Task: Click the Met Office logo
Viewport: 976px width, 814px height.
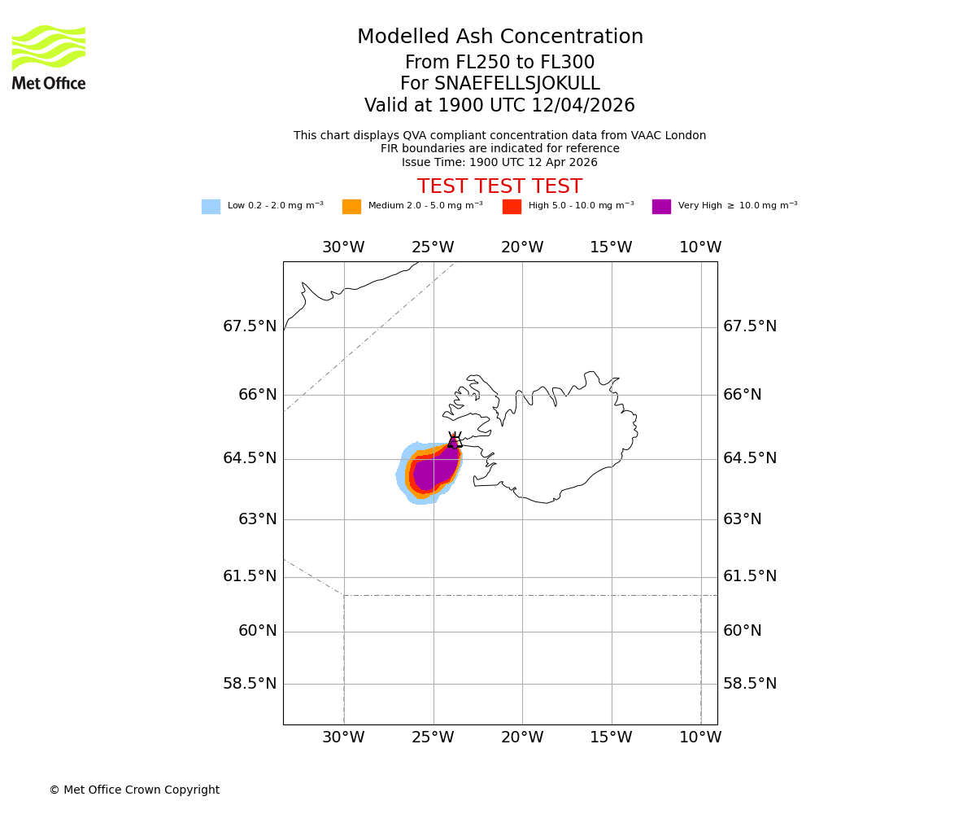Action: click(x=49, y=57)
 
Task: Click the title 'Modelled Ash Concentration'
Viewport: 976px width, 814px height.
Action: click(x=500, y=37)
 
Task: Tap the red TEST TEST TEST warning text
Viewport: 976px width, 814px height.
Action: click(x=499, y=186)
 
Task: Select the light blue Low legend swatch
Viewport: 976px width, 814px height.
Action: click(x=211, y=207)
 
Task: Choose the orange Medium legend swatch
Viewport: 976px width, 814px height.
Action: click(x=351, y=207)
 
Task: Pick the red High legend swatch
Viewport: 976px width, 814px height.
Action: click(x=512, y=207)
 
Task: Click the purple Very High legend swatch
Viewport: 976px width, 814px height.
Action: click(x=661, y=207)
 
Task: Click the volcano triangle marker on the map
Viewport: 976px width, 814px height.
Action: click(x=454, y=441)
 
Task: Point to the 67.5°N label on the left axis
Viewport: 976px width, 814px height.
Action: click(x=250, y=326)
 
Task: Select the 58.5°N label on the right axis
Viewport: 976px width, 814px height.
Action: click(x=750, y=684)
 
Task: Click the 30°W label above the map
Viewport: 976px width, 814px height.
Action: click(x=343, y=247)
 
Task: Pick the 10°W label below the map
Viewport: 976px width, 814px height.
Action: click(x=700, y=737)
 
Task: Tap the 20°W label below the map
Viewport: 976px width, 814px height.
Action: click(x=522, y=737)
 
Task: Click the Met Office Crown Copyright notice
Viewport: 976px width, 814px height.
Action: click(x=134, y=790)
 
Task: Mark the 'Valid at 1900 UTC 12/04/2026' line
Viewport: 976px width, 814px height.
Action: click(x=499, y=106)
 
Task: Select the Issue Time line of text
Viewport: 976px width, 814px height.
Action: click(x=499, y=162)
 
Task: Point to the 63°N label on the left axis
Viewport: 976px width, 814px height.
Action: click(x=257, y=519)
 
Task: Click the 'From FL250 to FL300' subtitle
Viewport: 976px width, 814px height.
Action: click(x=499, y=63)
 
